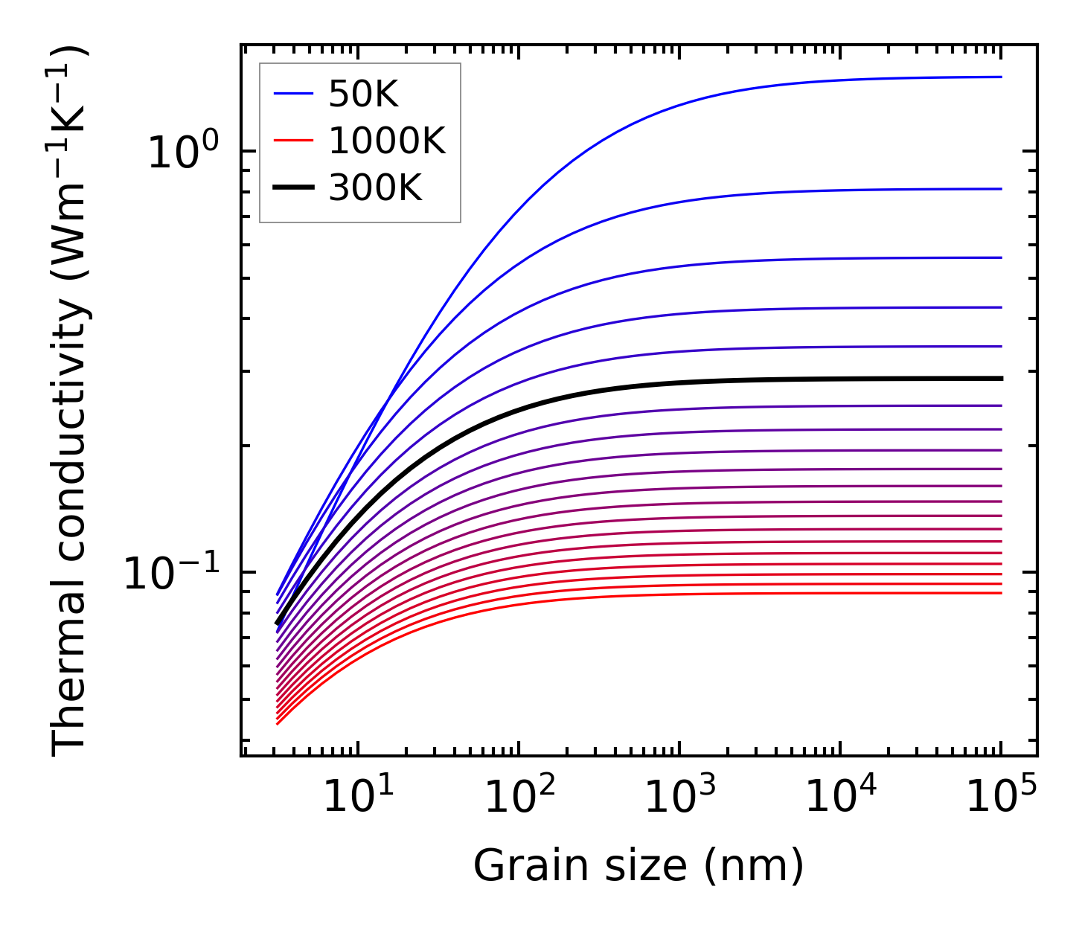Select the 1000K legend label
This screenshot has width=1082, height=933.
coord(387,141)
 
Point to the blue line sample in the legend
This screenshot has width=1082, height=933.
coord(293,94)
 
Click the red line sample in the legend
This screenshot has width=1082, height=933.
coord(293,141)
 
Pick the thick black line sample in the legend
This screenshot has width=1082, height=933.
coord(293,188)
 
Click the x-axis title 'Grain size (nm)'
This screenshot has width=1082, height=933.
coord(638,866)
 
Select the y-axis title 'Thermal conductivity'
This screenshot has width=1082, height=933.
coord(70,402)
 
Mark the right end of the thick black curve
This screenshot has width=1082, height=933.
coord(1002,379)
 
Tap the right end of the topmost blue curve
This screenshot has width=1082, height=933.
coord(1002,77)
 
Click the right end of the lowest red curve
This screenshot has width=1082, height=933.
coord(1002,592)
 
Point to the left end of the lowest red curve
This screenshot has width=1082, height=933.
coord(278,723)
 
